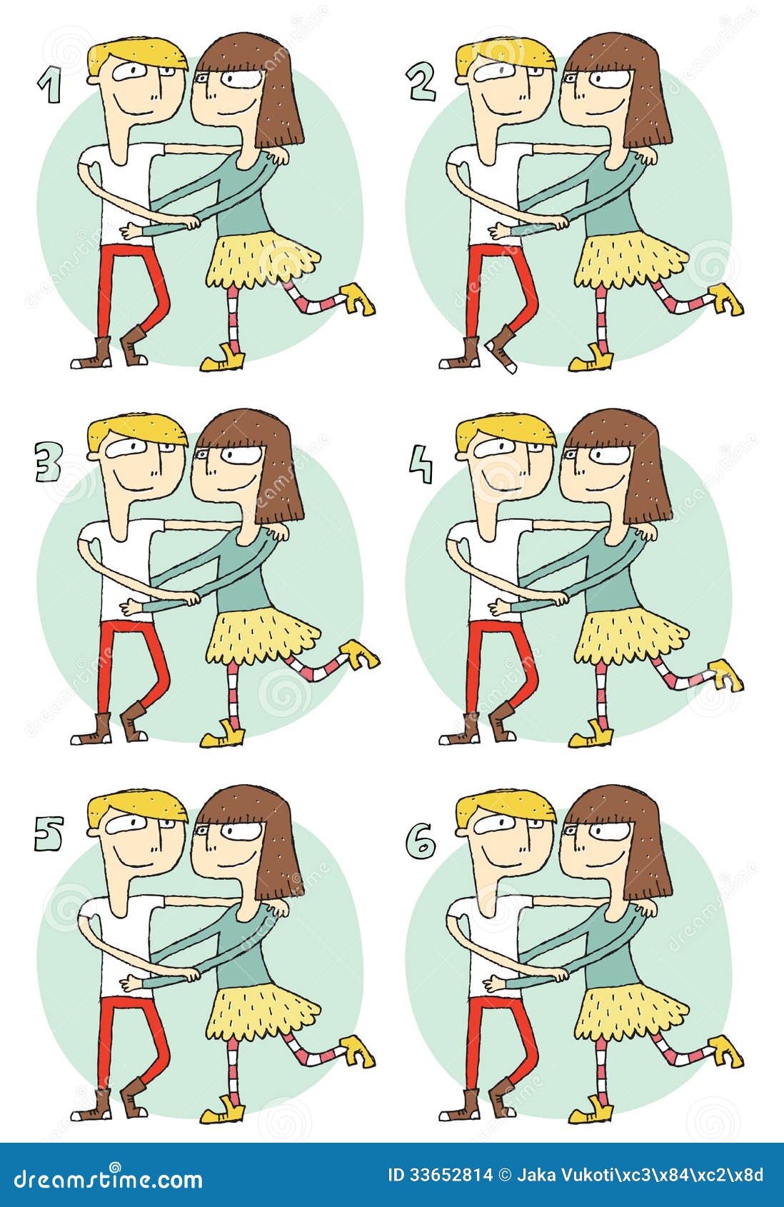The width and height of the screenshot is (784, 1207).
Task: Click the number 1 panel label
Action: [49, 88]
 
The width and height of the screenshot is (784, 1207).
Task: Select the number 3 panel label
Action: [49, 464]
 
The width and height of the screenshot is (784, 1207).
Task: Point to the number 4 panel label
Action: [421, 465]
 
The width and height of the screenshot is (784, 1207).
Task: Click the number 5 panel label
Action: [49, 833]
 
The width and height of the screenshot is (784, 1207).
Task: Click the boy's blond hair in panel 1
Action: [136, 54]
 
